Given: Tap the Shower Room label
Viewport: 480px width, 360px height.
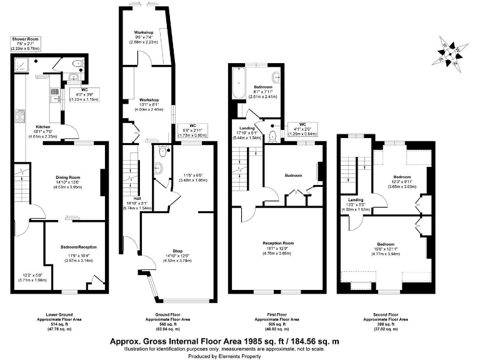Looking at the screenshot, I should click(x=25, y=39).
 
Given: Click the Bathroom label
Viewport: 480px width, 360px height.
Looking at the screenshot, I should click(x=263, y=87).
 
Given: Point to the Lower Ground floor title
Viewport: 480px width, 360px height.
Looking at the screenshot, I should click(x=59, y=314).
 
